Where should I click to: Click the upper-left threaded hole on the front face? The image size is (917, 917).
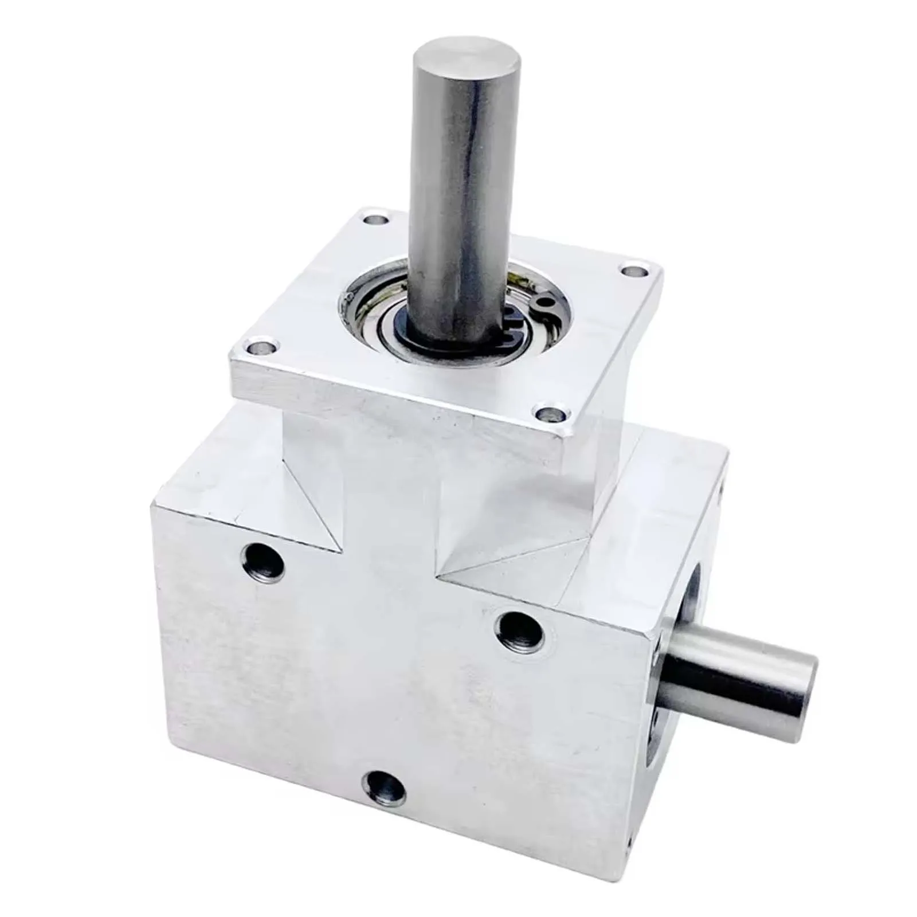pyautogui.click(x=263, y=559)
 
